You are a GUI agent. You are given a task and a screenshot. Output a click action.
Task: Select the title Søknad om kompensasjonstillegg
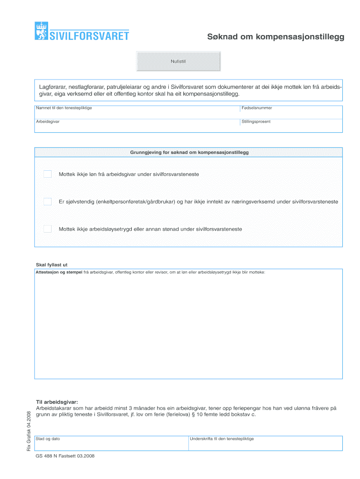point(276,37)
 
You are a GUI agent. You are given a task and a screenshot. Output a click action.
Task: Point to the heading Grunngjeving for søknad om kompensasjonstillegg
point(189,153)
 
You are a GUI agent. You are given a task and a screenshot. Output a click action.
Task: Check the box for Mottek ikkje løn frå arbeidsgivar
point(48,174)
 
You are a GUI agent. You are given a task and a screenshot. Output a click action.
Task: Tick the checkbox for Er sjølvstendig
point(48,202)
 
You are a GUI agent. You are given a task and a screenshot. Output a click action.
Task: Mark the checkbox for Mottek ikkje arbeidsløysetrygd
point(48,229)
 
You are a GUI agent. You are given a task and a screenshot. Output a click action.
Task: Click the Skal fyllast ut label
point(52,265)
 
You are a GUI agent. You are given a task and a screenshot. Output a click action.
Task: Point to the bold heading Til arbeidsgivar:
point(57,402)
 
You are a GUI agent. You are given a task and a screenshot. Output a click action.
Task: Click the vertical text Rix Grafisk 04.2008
point(29,431)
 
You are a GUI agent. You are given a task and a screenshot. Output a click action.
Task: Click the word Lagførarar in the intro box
point(52,87)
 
